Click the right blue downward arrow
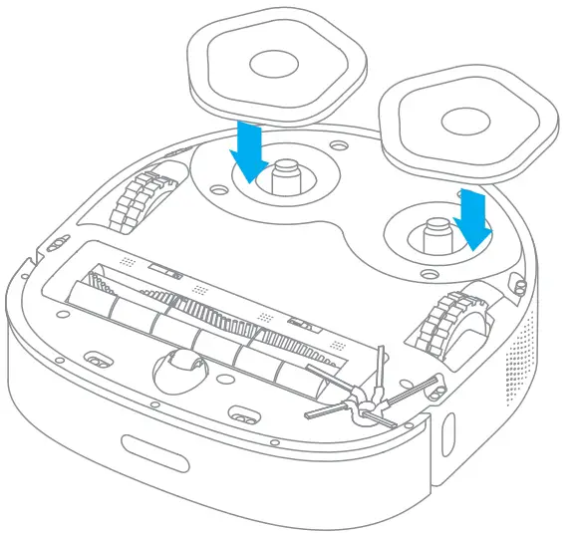tap(473, 219)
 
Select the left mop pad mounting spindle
tap(286, 177)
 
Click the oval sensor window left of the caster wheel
tap(97, 357)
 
